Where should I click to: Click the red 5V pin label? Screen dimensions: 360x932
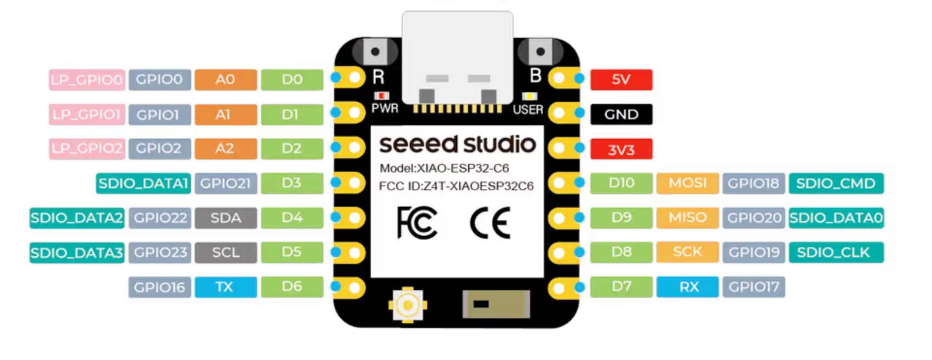coord(621,80)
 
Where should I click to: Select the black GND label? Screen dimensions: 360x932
coord(621,115)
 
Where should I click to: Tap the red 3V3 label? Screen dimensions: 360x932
coord(621,149)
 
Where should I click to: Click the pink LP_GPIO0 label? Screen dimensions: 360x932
coord(87,80)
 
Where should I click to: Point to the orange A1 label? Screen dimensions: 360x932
coord(226,115)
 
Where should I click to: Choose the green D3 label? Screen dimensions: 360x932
coord(292,183)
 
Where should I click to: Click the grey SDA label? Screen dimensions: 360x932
coord(226,218)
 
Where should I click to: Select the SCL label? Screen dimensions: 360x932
coord(226,252)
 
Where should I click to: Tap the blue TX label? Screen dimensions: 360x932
coord(226,287)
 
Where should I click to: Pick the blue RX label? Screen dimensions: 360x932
coord(687,287)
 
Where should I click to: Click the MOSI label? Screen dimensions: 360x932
coord(687,183)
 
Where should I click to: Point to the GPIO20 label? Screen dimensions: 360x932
coord(753,218)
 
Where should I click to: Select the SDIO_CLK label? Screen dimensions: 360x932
coord(836,252)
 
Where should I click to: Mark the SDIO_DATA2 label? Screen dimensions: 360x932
coord(77,218)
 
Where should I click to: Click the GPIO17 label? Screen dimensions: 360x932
coord(753,287)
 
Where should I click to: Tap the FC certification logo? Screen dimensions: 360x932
coord(416,223)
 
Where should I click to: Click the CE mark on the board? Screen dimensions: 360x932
coord(490,223)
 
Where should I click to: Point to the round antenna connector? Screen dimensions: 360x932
coord(408,305)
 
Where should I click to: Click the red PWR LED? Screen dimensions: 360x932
coord(382,96)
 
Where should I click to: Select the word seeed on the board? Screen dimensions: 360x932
coord(418,145)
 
